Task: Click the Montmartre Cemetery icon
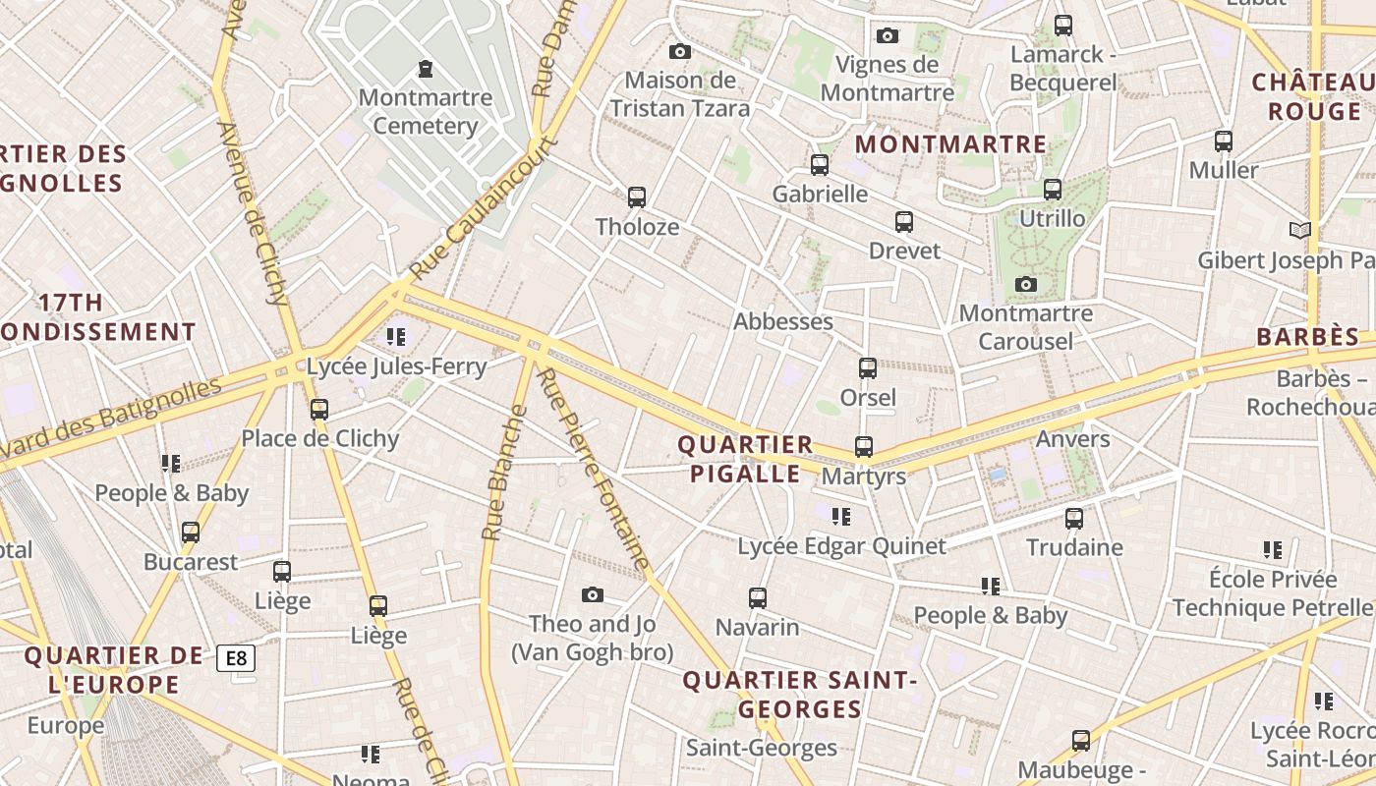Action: [x=426, y=69]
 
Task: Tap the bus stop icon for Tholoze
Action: [x=637, y=197]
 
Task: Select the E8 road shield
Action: [x=236, y=658]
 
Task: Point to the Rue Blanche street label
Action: [x=501, y=473]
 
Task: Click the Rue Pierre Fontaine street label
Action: [x=594, y=470]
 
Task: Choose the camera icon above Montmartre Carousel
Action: [x=1026, y=285]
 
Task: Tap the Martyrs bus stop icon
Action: [x=864, y=447]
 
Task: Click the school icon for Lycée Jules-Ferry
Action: [x=396, y=338]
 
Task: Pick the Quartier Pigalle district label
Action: [x=745, y=459]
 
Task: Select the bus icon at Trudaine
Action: [x=1074, y=518]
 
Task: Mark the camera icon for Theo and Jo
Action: [x=592, y=594]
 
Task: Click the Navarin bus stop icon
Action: [x=758, y=597]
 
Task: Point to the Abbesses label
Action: [x=783, y=321]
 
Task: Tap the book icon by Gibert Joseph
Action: [x=1300, y=231]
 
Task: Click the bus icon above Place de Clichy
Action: [x=319, y=410]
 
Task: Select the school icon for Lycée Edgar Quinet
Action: [x=841, y=516]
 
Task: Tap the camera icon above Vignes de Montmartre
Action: [x=888, y=36]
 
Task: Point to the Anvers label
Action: [x=1073, y=438]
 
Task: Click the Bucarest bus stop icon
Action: [x=191, y=533]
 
